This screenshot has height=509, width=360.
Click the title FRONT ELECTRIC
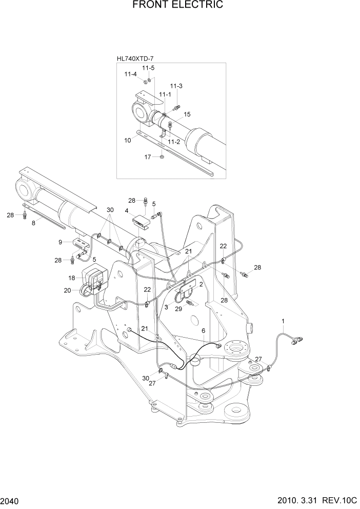[x=177, y=5]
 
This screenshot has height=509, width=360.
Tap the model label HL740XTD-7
[x=135, y=59]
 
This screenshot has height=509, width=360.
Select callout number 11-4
[x=130, y=74]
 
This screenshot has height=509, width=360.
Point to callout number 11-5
[x=148, y=68]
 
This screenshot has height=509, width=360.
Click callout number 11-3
[x=176, y=86]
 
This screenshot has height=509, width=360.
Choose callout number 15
[x=187, y=114]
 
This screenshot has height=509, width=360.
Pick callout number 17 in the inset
[x=147, y=157]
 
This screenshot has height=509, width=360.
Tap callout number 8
[x=35, y=223]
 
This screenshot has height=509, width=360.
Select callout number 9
[x=61, y=242]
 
